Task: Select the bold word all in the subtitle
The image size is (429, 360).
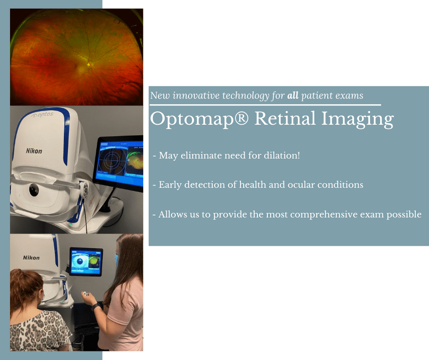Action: [293, 96]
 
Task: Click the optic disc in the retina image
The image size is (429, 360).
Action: [90, 64]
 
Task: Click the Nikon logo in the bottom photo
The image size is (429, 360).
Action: [31, 258]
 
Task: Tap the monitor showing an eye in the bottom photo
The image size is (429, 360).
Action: [86, 262]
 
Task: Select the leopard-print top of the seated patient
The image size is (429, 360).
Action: [39, 331]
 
